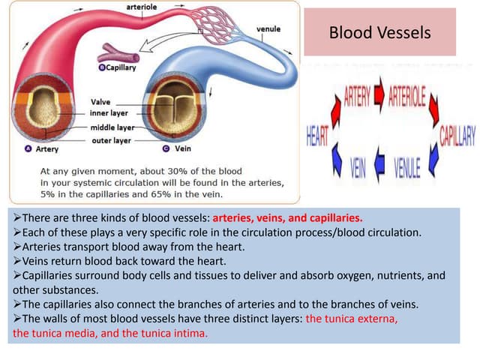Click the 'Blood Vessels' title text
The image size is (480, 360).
pyautogui.click(x=380, y=33)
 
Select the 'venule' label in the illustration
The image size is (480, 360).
pyautogui.click(x=268, y=28)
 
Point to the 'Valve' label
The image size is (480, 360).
pyautogui.click(x=100, y=101)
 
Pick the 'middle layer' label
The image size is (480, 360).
pyautogui.click(x=112, y=127)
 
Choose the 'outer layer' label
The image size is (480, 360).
pyautogui.click(x=110, y=140)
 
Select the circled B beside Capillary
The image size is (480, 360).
pyautogui.click(x=103, y=67)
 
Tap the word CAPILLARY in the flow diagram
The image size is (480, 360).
pyautogui.click(x=457, y=135)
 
